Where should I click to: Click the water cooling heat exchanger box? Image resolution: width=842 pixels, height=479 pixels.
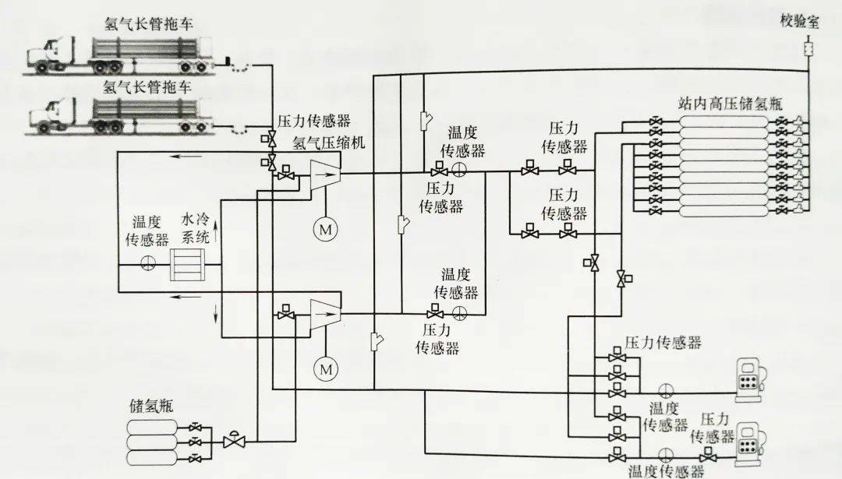point(191,264)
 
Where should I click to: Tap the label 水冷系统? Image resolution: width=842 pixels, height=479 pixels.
point(196,229)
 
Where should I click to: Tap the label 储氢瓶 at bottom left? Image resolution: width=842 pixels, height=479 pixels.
point(151,406)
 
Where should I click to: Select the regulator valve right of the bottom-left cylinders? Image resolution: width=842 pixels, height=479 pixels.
point(232,441)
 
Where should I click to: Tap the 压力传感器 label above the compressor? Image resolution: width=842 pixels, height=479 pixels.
point(314,121)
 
